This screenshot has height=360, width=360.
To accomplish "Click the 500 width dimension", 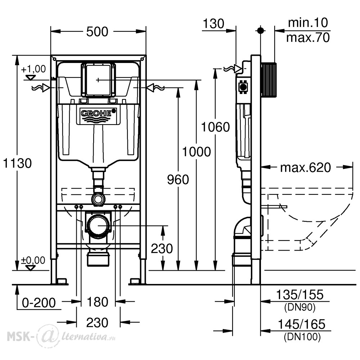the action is click(x=97, y=32).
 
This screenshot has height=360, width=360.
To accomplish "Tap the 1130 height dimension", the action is click(x=17, y=163).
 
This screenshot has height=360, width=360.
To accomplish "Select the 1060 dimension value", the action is click(x=215, y=127).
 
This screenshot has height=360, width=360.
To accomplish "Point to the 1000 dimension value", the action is click(x=197, y=152).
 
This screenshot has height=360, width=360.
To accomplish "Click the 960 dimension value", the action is click(x=178, y=179).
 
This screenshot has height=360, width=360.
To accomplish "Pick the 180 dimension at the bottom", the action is click(x=97, y=302).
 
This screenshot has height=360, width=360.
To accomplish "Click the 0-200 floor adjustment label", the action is click(x=39, y=303).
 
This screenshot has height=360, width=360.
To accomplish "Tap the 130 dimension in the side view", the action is click(x=213, y=24).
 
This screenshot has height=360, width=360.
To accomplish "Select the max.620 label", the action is click(x=305, y=168).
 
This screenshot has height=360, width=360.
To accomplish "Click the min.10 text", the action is click(x=308, y=23).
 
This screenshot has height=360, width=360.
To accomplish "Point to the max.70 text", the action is click(x=308, y=37).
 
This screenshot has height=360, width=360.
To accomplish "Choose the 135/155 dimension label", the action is click(x=300, y=294).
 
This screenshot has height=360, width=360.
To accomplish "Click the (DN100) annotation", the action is click(x=302, y=337).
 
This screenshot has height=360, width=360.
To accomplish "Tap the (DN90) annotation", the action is click(x=300, y=307).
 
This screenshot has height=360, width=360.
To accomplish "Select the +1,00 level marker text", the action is click(x=33, y=69).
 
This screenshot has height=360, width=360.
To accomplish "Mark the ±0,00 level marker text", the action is click(x=33, y=260).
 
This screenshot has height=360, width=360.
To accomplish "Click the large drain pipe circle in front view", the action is click(x=98, y=226).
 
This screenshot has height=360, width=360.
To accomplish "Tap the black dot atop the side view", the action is click(x=260, y=30).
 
